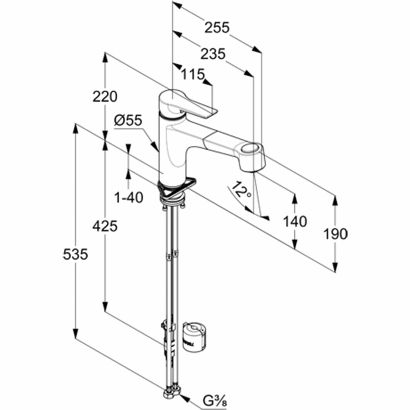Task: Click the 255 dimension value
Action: (x=217, y=27)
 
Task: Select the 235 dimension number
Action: (x=213, y=54)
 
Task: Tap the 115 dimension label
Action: (x=192, y=74)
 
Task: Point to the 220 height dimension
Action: (x=105, y=96)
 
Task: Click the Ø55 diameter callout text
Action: (x=128, y=121)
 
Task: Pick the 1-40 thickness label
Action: (x=129, y=197)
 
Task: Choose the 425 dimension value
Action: (x=105, y=226)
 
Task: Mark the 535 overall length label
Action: (x=75, y=254)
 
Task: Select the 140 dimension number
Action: (x=295, y=221)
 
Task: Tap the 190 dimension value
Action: (x=336, y=234)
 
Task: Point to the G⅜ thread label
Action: (x=214, y=401)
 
